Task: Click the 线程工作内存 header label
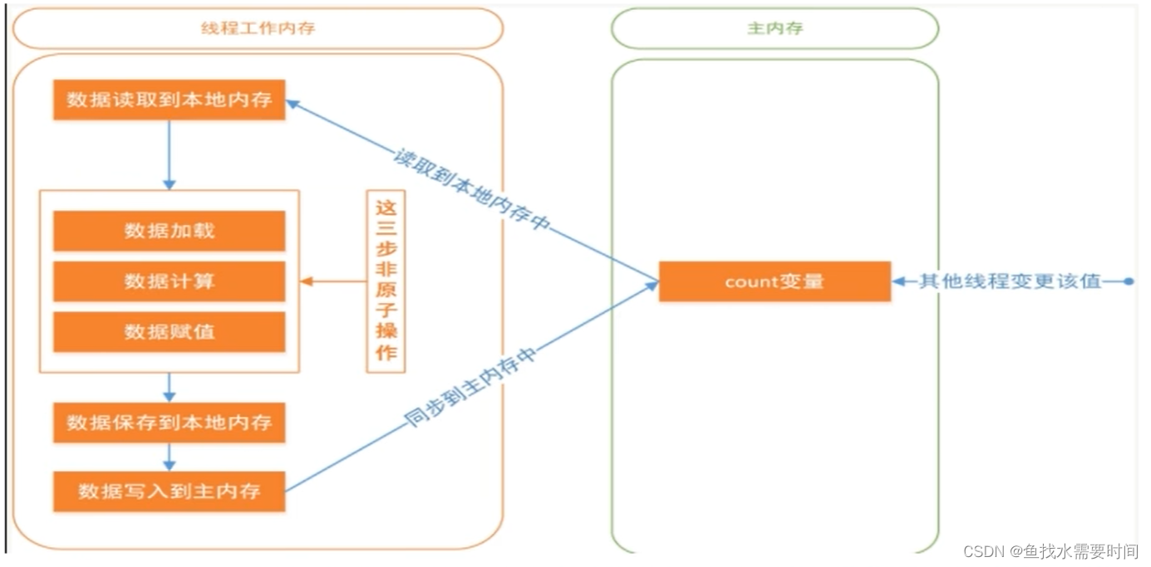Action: click(258, 29)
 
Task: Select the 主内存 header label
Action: click(774, 29)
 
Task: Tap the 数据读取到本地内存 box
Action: click(169, 100)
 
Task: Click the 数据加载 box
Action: click(169, 231)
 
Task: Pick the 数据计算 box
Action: click(169, 281)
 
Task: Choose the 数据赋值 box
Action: click(169, 332)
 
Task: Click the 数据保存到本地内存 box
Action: click(169, 423)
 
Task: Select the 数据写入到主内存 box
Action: click(169, 491)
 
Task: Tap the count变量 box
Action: click(774, 281)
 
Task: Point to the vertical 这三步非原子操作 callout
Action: click(386, 281)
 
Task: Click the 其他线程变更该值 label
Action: click(1010, 281)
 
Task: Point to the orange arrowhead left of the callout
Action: click(307, 281)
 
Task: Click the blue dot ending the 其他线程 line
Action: click(1128, 281)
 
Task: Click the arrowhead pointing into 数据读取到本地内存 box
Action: click(293, 104)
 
